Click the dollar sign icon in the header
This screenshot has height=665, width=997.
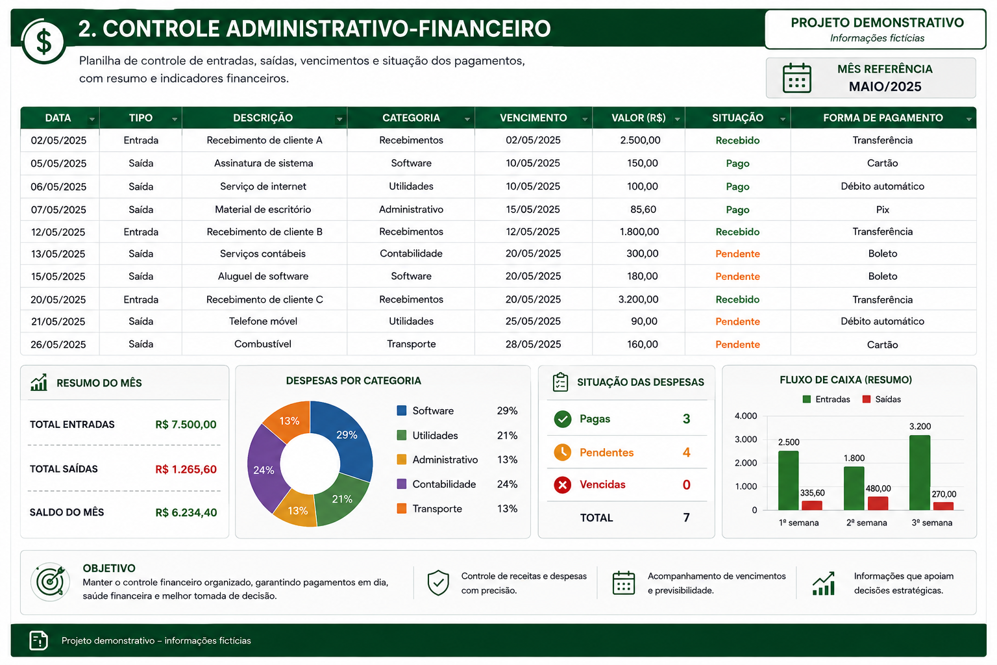(43, 42)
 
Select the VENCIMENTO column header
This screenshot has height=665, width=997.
(533, 118)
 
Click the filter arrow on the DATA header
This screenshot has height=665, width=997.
(92, 119)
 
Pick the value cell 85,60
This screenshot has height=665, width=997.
(643, 209)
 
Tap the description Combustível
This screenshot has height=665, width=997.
(263, 344)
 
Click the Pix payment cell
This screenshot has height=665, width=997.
(882, 209)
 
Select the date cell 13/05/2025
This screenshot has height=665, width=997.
(58, 254)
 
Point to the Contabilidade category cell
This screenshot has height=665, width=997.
(411, 253)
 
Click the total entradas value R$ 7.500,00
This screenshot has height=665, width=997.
(186, 425)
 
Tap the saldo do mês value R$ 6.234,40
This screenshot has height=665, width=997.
(186, 512)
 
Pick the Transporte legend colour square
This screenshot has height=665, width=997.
(402, 508)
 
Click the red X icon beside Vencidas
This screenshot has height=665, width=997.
(563, 484)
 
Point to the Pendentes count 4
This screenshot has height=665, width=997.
(686, 453)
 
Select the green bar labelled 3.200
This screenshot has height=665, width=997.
(920, 473)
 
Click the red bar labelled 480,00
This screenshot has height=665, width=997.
(878, 503)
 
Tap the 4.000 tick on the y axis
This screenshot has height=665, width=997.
(746, 416)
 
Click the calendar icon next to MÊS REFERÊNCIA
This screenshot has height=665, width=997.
(796, 78)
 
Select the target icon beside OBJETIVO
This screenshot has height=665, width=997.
(50, 582)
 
